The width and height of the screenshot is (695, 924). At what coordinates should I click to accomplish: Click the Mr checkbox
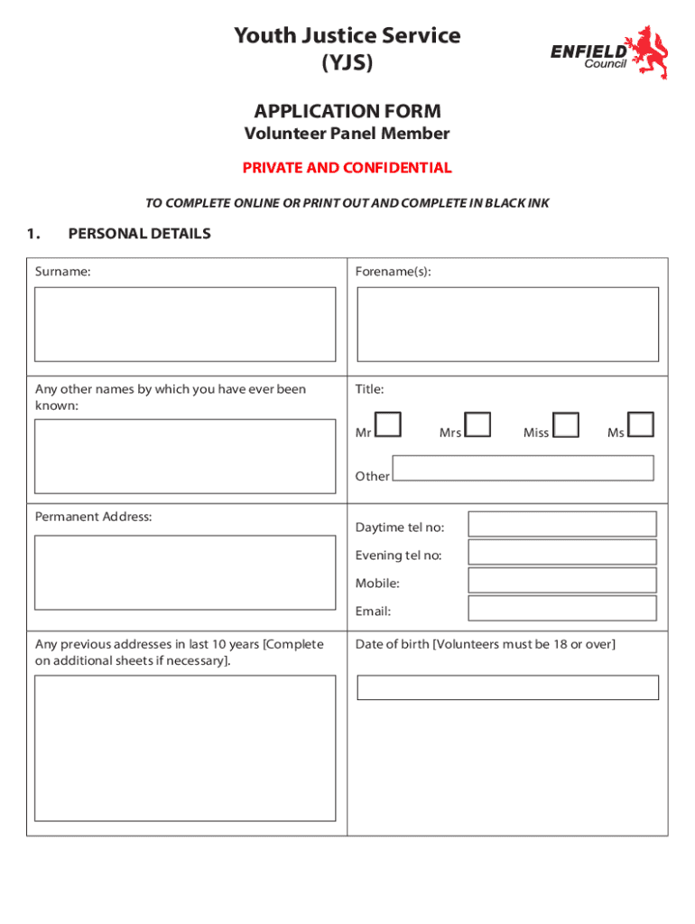coord(388,424)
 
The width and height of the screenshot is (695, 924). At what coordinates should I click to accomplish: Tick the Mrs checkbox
coord(477,424)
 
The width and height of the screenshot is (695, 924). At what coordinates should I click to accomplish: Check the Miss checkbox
coord(566,424)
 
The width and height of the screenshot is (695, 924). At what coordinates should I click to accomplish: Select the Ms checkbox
coord(641,424)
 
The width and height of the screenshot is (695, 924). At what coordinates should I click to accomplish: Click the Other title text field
coord(523,467)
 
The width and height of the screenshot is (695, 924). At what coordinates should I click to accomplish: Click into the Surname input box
coord(185,324)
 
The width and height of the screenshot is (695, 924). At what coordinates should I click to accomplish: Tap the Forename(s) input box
coord(507,324)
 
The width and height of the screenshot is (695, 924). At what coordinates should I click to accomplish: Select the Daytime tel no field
coord(561,524)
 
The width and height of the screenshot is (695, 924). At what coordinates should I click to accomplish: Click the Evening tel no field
coord(561,552)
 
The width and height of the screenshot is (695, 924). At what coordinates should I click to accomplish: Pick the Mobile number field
coord(561,580)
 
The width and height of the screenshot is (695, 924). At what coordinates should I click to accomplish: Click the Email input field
coord(561,608)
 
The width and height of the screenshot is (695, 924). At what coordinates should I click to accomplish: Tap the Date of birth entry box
coord(507,688)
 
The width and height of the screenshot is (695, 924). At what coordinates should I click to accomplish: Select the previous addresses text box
coord(185,748)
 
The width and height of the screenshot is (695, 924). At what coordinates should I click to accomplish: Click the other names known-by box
coord(185,456)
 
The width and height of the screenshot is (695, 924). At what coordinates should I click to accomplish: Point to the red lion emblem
coord(650,52)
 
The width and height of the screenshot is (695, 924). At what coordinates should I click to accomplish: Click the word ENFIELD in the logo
coord(588,52)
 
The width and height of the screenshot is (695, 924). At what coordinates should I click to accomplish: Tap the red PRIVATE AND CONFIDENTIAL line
coord(347,168)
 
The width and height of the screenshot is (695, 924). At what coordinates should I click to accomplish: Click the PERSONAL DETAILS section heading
coord(139,234)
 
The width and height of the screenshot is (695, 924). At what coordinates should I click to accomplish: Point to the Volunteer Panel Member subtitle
coord(347,134)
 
